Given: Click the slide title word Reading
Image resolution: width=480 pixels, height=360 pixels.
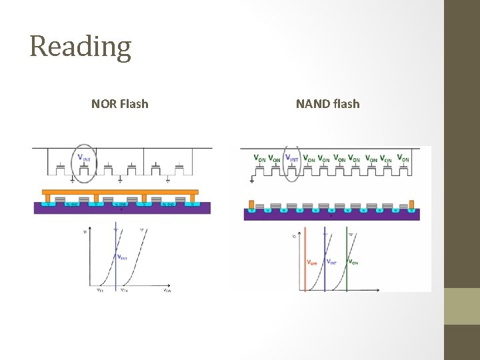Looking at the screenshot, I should click(x=80, y=47).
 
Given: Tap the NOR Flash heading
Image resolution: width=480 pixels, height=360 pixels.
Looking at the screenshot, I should click(x=120, y=104).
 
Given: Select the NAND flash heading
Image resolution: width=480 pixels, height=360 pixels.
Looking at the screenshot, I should click(x=327, y=104).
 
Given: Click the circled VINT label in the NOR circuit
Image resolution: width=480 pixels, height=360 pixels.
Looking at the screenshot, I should click(x=84, y=159).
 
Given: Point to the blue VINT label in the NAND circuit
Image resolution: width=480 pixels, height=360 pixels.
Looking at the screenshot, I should click(x=292, y=159).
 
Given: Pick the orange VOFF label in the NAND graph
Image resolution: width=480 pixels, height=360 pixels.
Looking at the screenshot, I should click(x=312, y=262).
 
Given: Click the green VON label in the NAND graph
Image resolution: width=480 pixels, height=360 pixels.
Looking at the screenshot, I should click(x=353, y=261).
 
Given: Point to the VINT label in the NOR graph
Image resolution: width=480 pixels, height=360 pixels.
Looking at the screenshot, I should click(x=123, y=257).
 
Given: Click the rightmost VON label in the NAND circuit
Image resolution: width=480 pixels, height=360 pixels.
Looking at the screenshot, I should click(x=403, y=159).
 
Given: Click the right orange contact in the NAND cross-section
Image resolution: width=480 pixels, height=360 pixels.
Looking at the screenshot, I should click(x=411, y=203).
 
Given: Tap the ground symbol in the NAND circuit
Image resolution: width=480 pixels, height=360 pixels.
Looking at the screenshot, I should click(x=252, y=179).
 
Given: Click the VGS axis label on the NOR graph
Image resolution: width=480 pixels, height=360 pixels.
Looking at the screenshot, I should click(x=167, y=290).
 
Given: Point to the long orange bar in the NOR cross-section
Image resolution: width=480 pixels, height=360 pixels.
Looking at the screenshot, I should click(x=120, y=193).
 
